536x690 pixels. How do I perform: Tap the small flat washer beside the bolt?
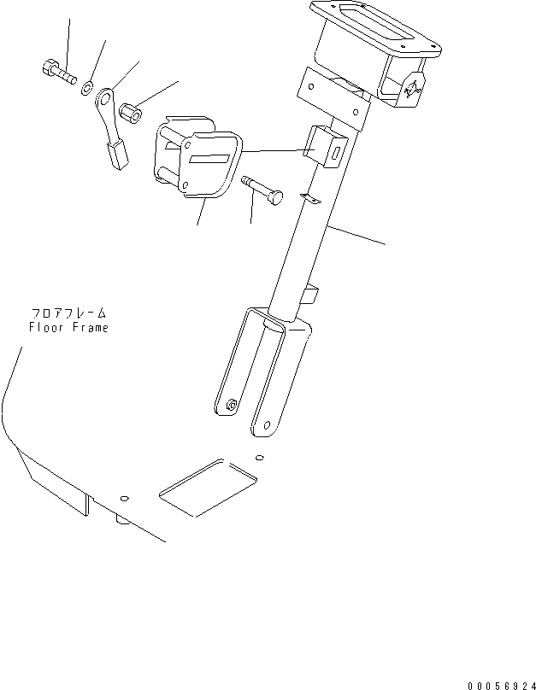[88, 87]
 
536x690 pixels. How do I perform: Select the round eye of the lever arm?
[105, 96]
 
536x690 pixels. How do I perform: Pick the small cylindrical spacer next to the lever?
[131, 111]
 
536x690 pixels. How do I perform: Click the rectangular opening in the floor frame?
[206, 486]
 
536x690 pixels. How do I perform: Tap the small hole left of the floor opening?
[125, 498]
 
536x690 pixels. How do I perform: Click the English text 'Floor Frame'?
[68, 328]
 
